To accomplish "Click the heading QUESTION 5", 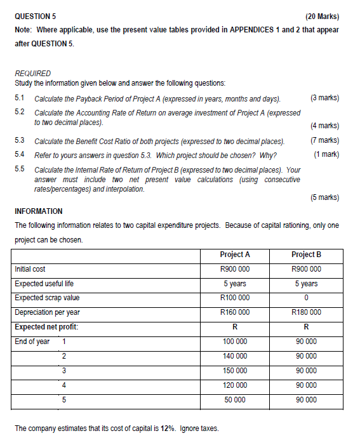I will point(36,16).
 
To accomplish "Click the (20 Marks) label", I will point(322,16).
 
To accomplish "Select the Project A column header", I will point(234,255).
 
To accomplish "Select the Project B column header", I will point(306,255).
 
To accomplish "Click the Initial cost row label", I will point(30,269).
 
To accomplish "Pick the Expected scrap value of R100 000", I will point(234,298).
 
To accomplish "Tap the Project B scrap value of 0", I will point(306,298).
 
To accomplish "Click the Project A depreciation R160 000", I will point(234,312).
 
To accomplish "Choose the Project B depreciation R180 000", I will point(306,312).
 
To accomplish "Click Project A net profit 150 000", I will point(234,371).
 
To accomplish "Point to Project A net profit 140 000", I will point(234,356).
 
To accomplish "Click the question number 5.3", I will point(19,140).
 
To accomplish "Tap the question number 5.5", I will point(19,170).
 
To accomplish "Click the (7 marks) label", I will point(324,140).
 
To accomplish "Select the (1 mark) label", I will point(326,154).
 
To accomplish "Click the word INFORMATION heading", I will point(39,211).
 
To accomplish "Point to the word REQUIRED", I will point(32,73).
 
